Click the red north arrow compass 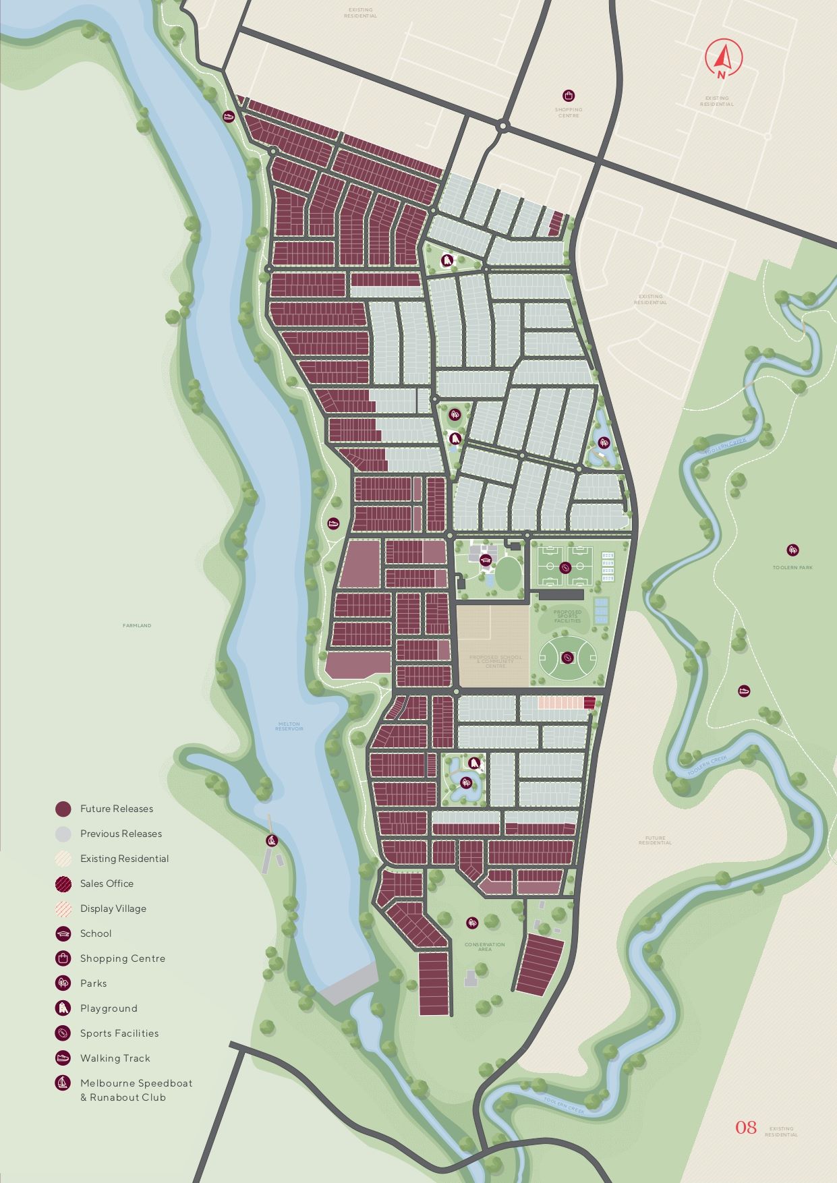pos(722,59)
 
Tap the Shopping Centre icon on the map pos(569,96)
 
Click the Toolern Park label pos(792,567)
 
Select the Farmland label pos(137,625)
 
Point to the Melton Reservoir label pos(290,726)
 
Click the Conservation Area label pos(484,946)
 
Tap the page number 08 pos(745,1127)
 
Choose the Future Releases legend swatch pos(63,809)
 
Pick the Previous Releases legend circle pos(63,834)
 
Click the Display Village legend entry pos(113,908)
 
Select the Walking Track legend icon pos(63,1058)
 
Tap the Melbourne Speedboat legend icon pos(63,1083)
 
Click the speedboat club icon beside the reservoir pos(272,840)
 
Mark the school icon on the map pos(485,560)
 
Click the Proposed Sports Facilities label pos(567,616)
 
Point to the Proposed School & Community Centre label pos(495,661)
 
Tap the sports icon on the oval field pos(567,656)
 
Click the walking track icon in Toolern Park pos(743,691)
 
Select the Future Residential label pos(655,840)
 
